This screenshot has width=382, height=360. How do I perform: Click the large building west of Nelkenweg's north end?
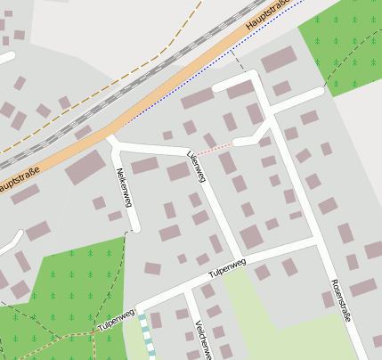(85, 168)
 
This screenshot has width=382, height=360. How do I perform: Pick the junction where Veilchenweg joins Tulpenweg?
(186, 290)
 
